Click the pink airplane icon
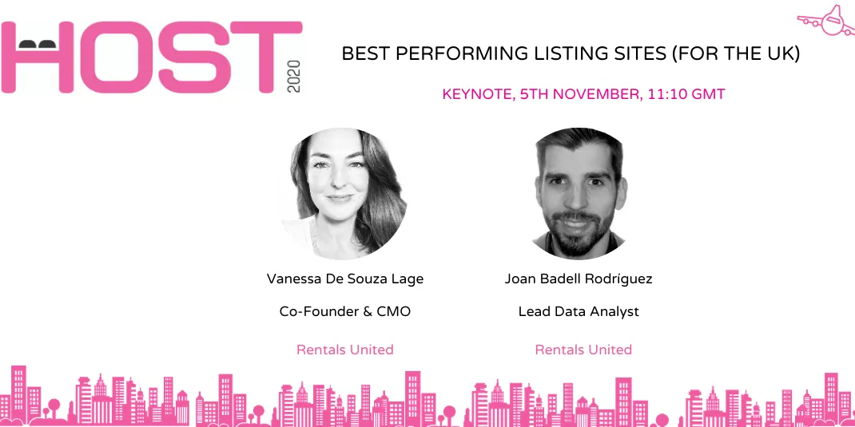pyautogui.click(x=827, y=19)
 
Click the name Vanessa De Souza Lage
pyautogui.click(x=345, y=279)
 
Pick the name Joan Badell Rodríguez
pyautogui.click(x=579, y=279)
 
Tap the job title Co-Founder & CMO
pyautogui.click(x=345, y=311)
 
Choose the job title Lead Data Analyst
pyautogui.click(x=579, y=311)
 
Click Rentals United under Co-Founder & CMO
pyautogui.click(x=345, y=350)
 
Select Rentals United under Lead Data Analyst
pyautogui.click(x=583, y=350)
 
